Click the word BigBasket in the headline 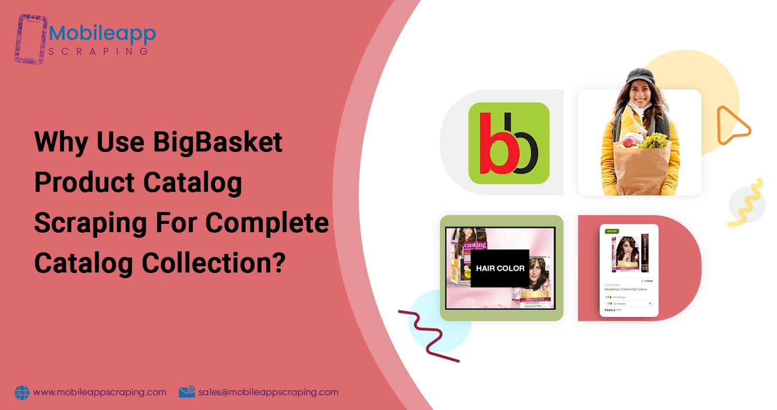pos(218,142)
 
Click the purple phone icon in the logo pos(31,38)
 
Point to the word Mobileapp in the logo pos(102,34)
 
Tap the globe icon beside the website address pos(22,392)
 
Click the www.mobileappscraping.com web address pos(100,392)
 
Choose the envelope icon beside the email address pos(187,392)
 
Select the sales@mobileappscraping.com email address pos(268,392)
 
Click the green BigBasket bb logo pos(509,143)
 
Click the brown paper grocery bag pos(646,165)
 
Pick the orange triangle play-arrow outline pos(732,125)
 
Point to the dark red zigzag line pos(428,336)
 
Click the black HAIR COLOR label pos(500,268)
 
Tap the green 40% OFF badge pos(612,231)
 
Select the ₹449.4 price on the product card pos(610,310)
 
